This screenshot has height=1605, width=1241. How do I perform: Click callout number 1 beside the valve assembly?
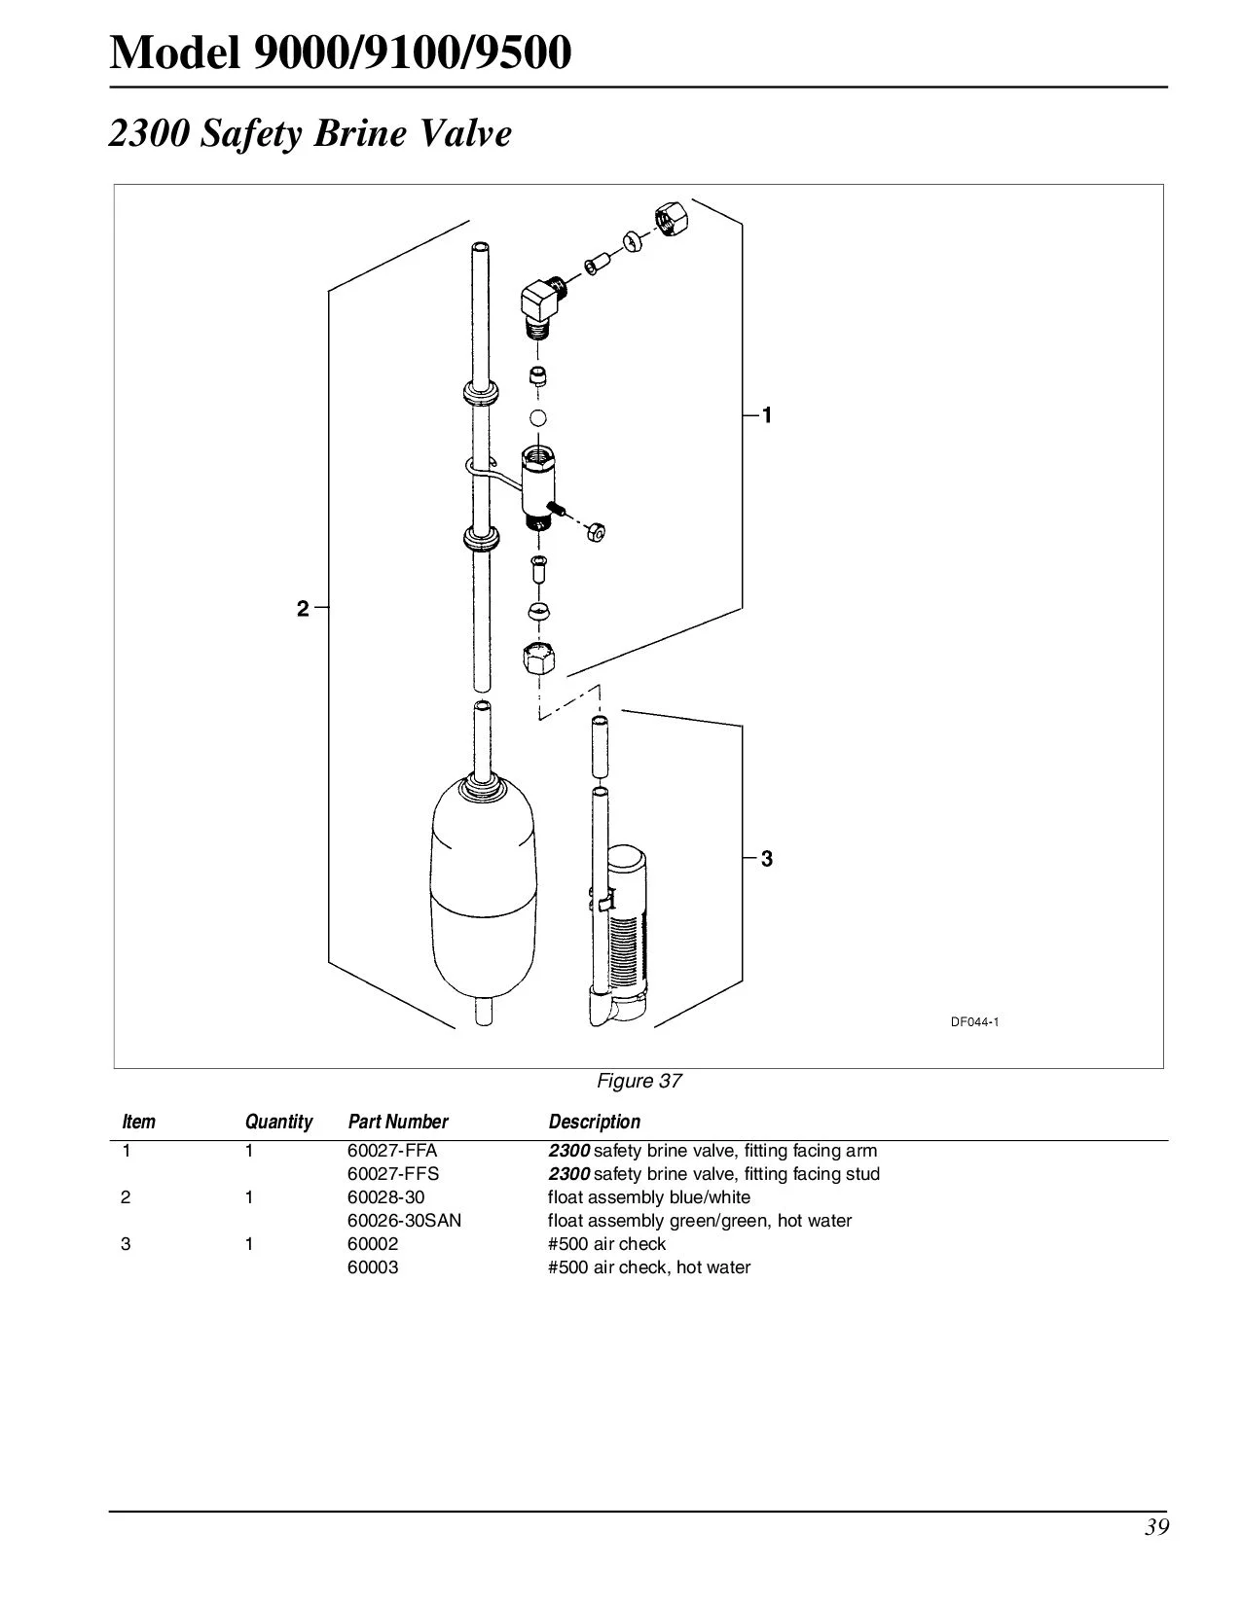click(x=767, y=416)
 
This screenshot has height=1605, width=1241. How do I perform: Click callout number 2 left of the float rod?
click(x=303, y=609)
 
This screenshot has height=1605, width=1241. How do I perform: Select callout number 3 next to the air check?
click(x=767, y=859)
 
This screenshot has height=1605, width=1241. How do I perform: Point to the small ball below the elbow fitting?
click(x=537, y=418)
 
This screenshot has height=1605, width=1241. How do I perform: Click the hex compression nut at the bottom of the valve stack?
click(x=538, y=660)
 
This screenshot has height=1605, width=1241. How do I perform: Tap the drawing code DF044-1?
click(x=974, y=1021)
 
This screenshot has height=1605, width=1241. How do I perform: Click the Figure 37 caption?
click(x=639, y=1081)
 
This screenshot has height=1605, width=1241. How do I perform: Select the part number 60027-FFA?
click(x=392, y=1151)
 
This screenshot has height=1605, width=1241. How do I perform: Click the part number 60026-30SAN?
click(x=404, y=1221)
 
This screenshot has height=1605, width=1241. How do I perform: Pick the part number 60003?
click(x=373, y=1267)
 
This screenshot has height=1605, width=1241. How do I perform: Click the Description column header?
click(x=594, y=1122)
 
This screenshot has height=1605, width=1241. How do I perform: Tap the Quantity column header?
click(x=278, y=1122)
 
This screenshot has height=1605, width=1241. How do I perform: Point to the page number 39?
click(x=1156, y=1527)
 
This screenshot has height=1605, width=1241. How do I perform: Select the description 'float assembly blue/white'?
click(x=648, y=1197)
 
